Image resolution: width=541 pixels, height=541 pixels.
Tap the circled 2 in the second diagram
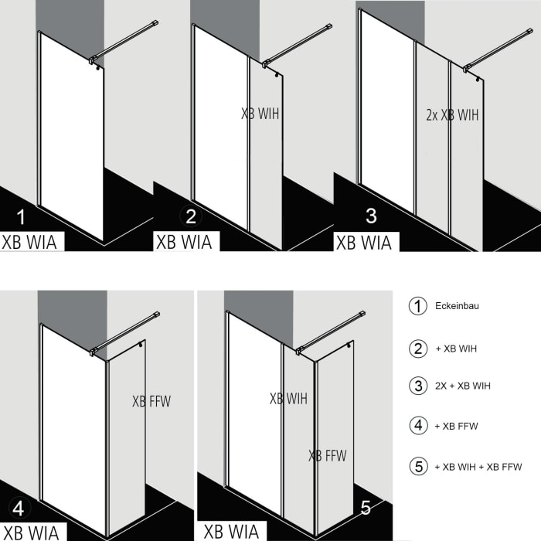[x=186, y=216]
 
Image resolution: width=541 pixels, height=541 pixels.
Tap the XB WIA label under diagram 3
[x=363, y=242]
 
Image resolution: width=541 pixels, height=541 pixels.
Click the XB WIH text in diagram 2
[x=260, y=114]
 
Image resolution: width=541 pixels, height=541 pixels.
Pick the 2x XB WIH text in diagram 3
[x=453, y=115]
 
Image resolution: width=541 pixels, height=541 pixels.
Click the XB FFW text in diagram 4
[x=151, y=401]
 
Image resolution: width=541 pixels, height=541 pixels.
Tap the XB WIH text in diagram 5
[x=288, y=399]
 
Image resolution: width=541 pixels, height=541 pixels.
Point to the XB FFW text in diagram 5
[x=327, y=455]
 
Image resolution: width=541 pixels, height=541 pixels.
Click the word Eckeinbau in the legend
[x=458, y=306]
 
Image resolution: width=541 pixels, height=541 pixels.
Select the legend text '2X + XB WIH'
[x=462, y=385]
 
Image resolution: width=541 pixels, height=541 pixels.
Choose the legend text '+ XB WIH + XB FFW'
[x=478, y=466]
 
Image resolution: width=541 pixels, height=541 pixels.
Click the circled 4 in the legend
[x=418, y=426]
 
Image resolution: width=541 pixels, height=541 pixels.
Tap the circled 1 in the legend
[x=418, y=306]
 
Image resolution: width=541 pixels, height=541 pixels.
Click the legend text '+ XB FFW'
[x=456, y=426]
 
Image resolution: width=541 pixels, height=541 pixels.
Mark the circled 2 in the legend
[x=418, y=348]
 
